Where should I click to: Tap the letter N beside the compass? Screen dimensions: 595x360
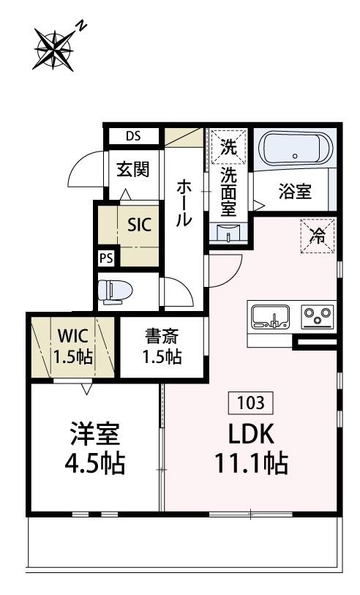coord(82,26)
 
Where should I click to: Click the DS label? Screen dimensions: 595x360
coord(132,136)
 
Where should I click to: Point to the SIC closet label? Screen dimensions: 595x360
coord(140,225)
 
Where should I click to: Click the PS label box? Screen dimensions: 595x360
coord(107,258)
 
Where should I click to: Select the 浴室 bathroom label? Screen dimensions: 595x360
coord(296,192)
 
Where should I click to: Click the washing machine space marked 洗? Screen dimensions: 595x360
coord(228,146)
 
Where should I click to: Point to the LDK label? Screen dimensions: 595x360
coord(251,434)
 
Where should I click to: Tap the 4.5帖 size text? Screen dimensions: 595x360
coord(92,463)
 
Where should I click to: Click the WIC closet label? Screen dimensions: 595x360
coord(73,337)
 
